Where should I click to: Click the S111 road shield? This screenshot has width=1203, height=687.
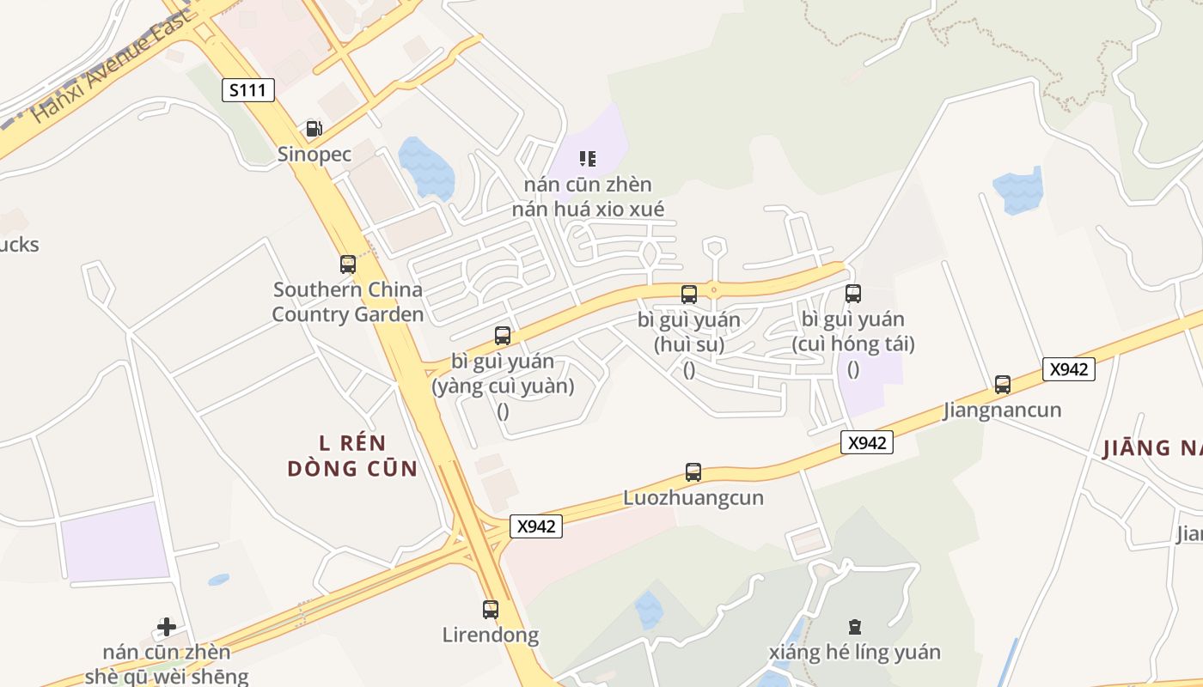coord(248,89)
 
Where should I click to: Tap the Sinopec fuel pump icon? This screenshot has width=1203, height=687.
coord(314,129)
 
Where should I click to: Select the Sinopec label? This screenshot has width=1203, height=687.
coord(314,155)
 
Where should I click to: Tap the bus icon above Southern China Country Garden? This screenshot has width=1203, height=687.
coord(347,264)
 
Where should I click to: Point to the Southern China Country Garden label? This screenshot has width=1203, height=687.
coord(348,302)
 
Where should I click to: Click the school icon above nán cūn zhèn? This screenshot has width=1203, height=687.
coord(588,158)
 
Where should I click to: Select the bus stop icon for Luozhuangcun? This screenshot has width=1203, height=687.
coord(693,471)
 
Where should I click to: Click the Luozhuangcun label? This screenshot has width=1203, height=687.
coord(693,498)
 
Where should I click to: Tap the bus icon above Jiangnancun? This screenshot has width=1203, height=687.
coord(1002,384)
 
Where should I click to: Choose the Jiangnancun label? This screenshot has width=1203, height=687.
coord(1002,410)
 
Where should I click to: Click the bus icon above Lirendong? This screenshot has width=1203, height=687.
coord(491,609)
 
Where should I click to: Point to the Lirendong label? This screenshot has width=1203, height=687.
coord(491,635)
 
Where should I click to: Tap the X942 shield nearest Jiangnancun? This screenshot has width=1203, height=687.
coord(1069,369)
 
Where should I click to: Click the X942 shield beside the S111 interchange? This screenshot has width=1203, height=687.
coord(536,526)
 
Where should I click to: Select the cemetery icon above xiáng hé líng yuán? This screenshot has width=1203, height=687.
coord(854,627)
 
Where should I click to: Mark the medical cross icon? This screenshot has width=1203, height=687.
coord(167,627)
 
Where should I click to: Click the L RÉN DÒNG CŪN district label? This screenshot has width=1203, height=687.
coord(352,456)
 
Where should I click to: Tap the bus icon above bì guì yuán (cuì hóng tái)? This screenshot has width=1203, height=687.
coord(853,294)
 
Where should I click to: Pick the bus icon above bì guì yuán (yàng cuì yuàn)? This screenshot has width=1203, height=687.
coord(503,336)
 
